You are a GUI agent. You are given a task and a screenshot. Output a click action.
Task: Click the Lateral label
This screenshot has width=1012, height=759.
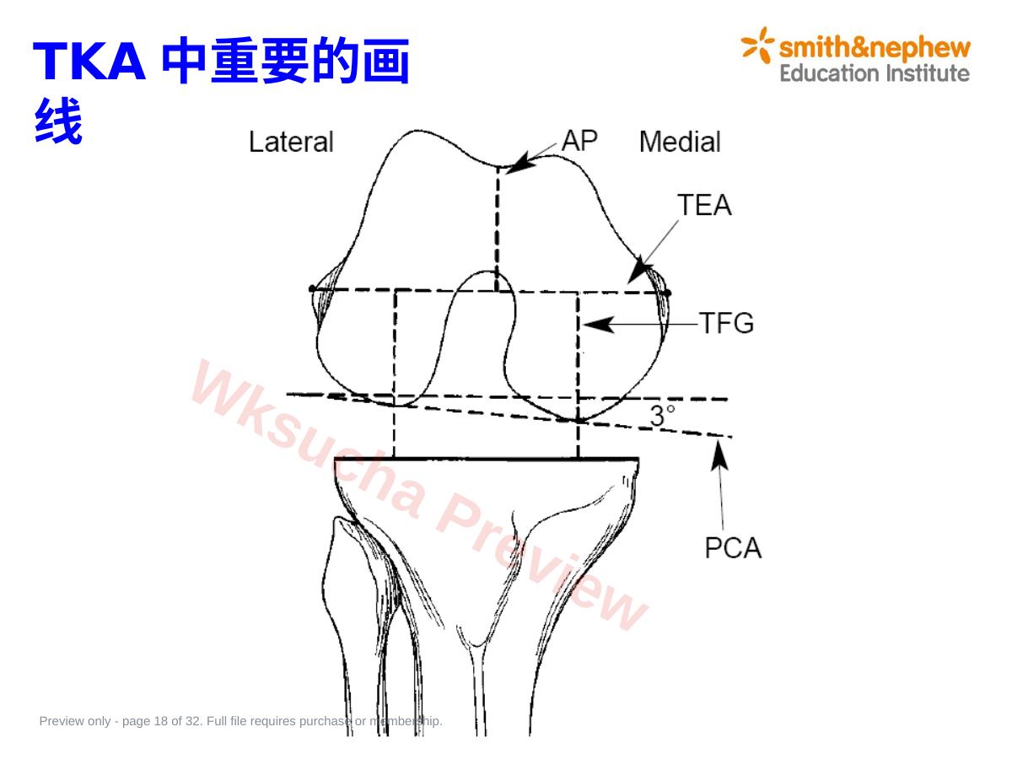click(290, 142)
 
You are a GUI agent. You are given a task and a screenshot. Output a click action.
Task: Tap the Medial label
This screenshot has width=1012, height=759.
click(680, 142)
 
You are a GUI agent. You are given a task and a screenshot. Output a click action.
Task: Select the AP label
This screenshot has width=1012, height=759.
click(579, 140)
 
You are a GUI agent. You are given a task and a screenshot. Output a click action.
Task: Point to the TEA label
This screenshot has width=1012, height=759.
click(704, 205)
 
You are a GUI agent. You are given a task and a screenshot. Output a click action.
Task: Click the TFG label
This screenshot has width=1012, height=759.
click(727, 323)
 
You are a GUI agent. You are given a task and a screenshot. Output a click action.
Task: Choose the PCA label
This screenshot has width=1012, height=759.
click(733, 548)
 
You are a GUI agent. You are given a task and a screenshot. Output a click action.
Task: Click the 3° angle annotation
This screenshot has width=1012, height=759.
click(662, 415)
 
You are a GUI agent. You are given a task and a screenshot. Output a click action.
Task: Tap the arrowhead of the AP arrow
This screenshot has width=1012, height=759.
click(518, 164)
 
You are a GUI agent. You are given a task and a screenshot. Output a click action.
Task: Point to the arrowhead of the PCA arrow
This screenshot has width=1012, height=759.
click(719, 455)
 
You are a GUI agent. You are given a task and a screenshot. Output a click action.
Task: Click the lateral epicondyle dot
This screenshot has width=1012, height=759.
click(312, 289)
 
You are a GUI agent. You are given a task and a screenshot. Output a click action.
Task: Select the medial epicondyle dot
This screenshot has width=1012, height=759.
click(668, 293)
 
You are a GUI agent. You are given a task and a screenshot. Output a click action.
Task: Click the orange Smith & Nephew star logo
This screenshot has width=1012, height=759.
click(757, 46)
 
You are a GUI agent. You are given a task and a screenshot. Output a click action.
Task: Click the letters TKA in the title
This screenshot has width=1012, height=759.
click(89, 62)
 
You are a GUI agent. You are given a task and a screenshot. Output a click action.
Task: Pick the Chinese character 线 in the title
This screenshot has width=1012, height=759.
click(58, 121)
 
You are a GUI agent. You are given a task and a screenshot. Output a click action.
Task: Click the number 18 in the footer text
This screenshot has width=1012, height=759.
click(160, 721)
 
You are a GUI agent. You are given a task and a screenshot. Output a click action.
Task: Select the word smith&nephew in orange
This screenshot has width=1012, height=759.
click(875, 49)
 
